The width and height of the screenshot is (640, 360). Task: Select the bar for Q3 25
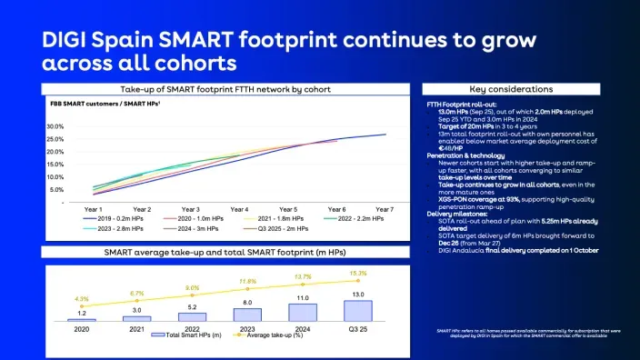click(x=356, y=310)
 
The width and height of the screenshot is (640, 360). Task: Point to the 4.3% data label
click(x=81, y=299)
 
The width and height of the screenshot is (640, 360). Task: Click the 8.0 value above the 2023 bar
click(x=246, y=302)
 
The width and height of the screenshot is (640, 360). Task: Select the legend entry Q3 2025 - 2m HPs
click(x=273, y=230)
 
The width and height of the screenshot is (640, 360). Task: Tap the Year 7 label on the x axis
click(x=385, y=209)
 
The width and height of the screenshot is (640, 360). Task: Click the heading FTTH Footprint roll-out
click(x=461, y=105)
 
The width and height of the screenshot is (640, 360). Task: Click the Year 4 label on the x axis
click(x=239, y=209)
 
